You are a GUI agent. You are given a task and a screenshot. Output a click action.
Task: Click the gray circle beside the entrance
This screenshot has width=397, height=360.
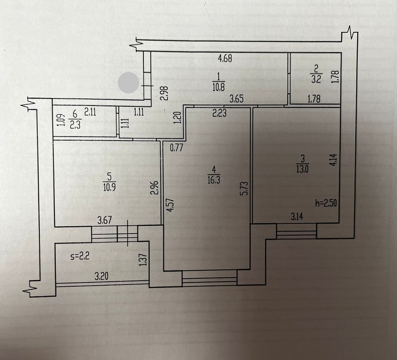tap(128, 83)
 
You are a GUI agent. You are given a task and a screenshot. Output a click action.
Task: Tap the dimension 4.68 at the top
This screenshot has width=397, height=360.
tap(225, 59)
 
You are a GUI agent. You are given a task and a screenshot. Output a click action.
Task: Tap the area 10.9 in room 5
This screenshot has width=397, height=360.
tap(110, 187)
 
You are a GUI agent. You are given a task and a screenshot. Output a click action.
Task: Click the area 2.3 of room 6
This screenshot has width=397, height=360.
tap(75, 125)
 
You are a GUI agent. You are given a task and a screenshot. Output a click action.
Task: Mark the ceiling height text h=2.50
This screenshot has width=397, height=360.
tap(327, 204)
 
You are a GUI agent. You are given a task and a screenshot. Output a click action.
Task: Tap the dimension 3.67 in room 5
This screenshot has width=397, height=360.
tap(104, 220)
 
